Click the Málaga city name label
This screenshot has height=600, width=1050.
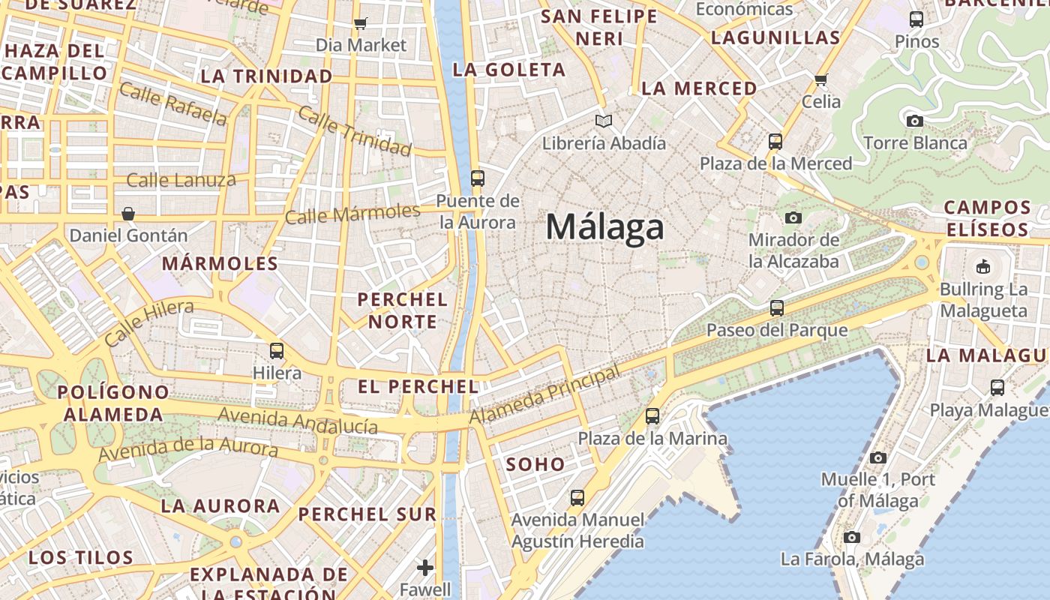coord(604,226)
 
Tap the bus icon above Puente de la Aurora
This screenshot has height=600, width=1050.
coord(478,178)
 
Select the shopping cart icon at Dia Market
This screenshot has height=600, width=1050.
coord(361,23)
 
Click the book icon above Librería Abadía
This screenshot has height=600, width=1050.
coord(604,121)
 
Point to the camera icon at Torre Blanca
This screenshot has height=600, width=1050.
coord(915,121)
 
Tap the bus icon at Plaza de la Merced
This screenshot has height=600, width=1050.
coord(775,141)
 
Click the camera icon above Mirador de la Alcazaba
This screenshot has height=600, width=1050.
coord(793,218)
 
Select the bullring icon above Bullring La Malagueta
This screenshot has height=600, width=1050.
coord(983,266)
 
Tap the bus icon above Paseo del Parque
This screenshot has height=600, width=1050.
coord(777,307)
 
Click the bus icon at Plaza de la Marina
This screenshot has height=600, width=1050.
coord(652,415)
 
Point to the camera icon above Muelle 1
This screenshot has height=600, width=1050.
coord(878,457)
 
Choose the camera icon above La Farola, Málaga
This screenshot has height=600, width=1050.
coord(852,537)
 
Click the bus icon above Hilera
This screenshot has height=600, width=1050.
coord(277,350)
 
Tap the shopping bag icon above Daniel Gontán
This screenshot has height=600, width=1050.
coord(128,214)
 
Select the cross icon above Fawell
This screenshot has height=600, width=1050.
coord(425,568)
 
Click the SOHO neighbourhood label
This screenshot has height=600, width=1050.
coord(535,464)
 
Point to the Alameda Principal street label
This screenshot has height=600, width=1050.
coord(545,394)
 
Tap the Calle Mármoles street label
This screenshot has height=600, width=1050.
coord(352,214)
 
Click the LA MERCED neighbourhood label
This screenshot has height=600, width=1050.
coord(699,88)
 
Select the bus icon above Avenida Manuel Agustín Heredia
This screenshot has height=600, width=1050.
coord(577,497)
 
